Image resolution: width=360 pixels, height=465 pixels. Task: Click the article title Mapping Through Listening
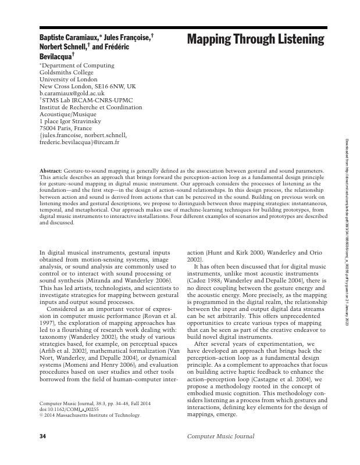pos(255,40)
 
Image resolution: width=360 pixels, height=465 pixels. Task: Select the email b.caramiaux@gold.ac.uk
pos(72,93)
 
